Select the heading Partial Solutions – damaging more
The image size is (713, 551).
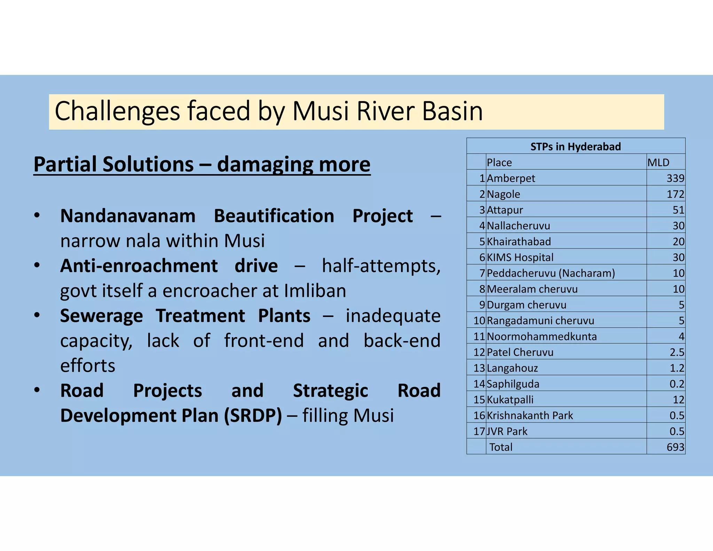[202, 164]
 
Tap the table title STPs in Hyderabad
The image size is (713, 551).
[575, 147]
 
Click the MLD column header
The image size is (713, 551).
[658, 163]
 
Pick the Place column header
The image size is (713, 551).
[499, 163]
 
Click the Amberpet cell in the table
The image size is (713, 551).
[511, 178]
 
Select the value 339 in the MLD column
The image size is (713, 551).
[675, 178]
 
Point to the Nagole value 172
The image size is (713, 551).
[675, 194]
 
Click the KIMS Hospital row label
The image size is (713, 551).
[520, 257]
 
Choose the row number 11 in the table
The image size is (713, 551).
[479, 336]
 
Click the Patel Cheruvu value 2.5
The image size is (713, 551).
[677, 352]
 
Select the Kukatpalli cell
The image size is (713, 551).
[510, 400]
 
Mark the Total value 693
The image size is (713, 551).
[675, 447]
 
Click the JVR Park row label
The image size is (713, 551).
[507, 432]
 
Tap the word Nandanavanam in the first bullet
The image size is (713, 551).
[128, 216]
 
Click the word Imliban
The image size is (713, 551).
[315, 291]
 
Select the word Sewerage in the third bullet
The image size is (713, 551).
[101, 316]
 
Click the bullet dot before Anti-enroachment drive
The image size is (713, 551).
[37, 265]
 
